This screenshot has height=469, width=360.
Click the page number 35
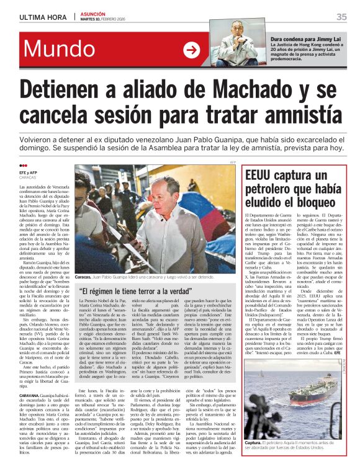(x=341, y=17)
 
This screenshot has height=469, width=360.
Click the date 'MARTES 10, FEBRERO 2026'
(x=107, y=19)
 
